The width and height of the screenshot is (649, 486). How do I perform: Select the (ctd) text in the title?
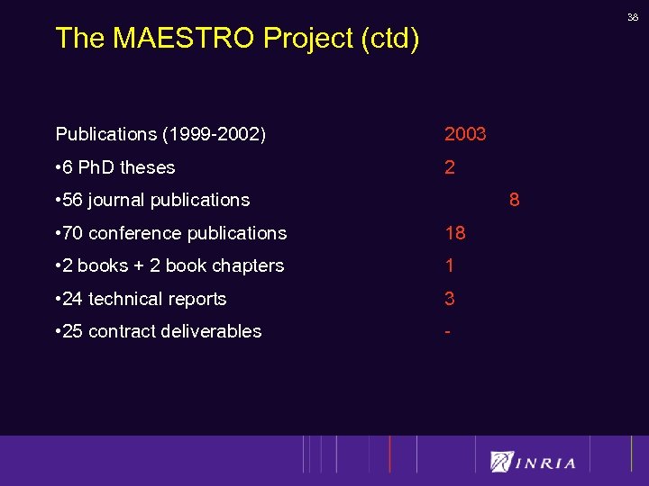tap(389, 39)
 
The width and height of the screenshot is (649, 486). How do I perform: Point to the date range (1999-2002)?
tap(215, 134)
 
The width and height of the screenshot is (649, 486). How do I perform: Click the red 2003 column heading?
tap(465, 134)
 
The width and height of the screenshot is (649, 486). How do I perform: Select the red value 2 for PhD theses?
tap(450, 167)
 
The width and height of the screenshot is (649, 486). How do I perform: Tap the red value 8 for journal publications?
tap(514, 200)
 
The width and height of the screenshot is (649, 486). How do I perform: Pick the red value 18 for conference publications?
tap(455, 233)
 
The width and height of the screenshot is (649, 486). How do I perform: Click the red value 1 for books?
tap(450, 265)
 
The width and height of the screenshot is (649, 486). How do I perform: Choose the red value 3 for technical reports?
tap(450, 299)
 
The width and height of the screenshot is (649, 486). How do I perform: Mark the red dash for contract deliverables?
tap(448, 331)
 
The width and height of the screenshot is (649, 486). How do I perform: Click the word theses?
tap(147, 167)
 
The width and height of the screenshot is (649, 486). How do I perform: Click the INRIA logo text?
tap(545, 463)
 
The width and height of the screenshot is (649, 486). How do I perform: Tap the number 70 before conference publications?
tap(72, 233)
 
